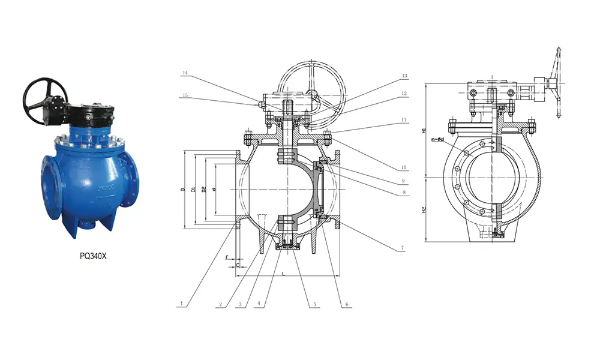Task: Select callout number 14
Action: pos(185,73)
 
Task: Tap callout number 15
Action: pos(185,95)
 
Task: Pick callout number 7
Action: pos(402,247)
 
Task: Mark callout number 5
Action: pos(314,304)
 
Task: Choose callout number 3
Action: pos(240,304)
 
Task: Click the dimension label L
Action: pos(284,273)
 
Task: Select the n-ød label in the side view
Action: pos(437,139)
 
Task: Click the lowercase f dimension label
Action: pos(227,257)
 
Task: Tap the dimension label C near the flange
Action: pos(238,263)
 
